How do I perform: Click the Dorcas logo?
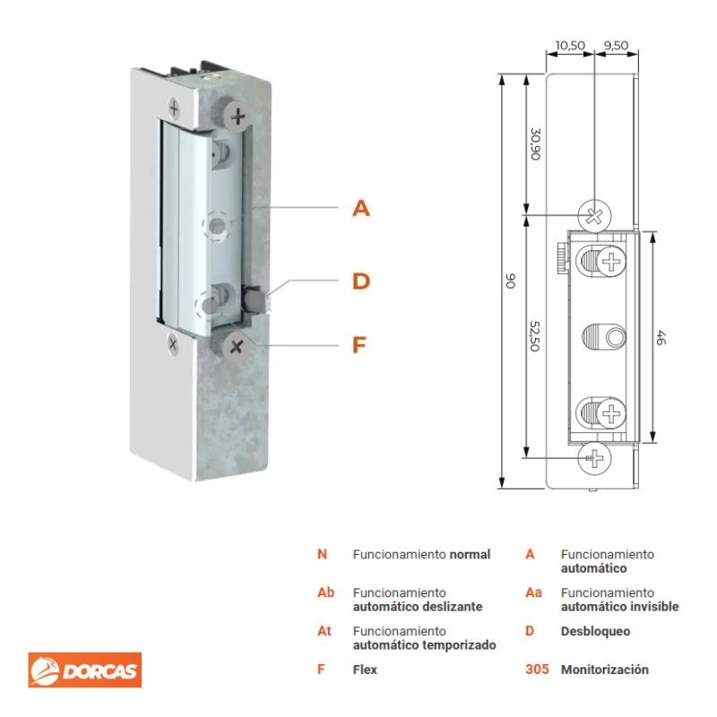tap(84, 669)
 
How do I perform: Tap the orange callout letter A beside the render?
tap(361, 208)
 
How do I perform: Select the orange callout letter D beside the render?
tap(361, 281)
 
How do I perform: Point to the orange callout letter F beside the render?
tap(359, 345)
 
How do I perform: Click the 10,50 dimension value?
tap(570, 46)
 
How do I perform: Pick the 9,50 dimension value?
tap(616, 46)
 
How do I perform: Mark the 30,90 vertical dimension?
tap(535, 144)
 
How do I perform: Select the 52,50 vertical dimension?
tap(534, 336)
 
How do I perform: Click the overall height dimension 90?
tap(511, 281)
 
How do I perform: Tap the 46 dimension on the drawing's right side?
tap(661, 338)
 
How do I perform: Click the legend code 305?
tap(537, 669)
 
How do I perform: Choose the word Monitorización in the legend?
tap(604, 669)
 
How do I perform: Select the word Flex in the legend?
tap(365, 669)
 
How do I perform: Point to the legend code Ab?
tap(325, 592)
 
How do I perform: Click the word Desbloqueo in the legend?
tap(595, 631)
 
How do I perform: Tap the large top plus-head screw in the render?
tap(238, 117)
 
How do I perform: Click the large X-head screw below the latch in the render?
tap(236, 347)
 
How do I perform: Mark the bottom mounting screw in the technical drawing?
tap(594, 457)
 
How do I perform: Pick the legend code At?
tap(324, 631)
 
